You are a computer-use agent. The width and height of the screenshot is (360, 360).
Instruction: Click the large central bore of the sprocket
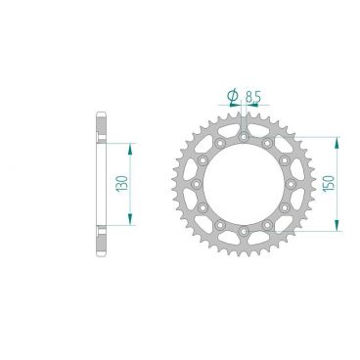pyautogui.click(x=239, y=183)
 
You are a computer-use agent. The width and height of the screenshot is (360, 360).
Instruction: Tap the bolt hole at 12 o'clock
pyautogui.click(x=239, y=136)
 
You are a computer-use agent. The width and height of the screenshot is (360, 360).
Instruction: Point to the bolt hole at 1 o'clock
pyautogui.click(x=262, y=143)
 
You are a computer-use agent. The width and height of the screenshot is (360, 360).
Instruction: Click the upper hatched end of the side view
pyautogui.click(x=103, y=124)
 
